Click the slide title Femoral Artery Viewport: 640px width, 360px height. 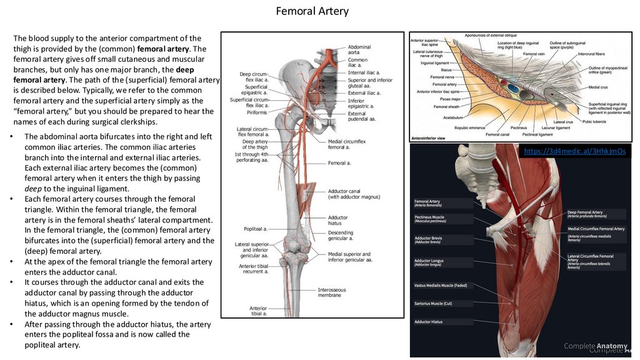point(312,11)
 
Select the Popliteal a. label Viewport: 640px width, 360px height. point(257,229)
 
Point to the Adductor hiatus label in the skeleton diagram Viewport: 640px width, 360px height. point(338,221)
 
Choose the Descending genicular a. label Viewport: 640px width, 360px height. point(341,236)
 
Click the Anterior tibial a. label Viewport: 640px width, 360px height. point(258,311)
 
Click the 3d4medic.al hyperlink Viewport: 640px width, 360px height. point(574,151)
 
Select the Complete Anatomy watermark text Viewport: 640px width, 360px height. point(596,346)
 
